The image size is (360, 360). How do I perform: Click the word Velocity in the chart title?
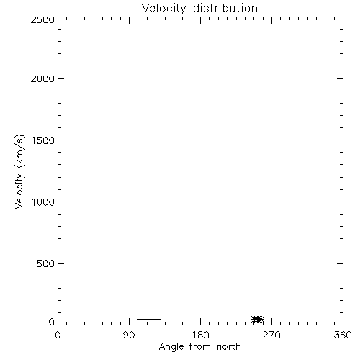pyautogui.click(x=163, y=9)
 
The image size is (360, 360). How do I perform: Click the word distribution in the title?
pyautogui.click(x=225, y=8)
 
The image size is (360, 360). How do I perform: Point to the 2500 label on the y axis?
pyautogui.click(x=42, y=19)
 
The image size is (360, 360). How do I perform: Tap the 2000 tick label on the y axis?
pyautogui.click(x=42, y=79)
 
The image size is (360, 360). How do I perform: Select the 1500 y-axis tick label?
pyautogui.click(x=43, y=140)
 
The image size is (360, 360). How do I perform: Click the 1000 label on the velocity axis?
pyautogui.click(x=43, y=202)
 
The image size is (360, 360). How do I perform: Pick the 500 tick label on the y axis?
pyautogui.click(x=46, y=264)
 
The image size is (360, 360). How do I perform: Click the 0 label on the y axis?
pyautogui.click(x=52, y=322)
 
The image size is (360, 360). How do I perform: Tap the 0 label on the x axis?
pyautogui.click(x=58, y=335)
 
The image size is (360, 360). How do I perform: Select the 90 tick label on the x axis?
pyautogui.click(x=129, y=335)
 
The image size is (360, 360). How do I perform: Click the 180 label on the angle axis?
pyautogui.click(x=200, y=335)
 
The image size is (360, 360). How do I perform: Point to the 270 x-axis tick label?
pyautogui.click(x=271, y=335)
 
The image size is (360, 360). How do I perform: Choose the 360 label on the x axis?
pyautogui.click(x=343, y=335)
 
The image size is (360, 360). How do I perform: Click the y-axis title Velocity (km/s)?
pyautogui.click(x=19, y=171)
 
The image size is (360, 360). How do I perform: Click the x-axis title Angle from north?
pyautogui.click(x=200, y=347)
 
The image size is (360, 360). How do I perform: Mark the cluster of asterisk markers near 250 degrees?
pyautogui.click(x=258, y=319)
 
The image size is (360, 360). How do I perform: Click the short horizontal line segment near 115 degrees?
pyautogui.click(x=149, y=319)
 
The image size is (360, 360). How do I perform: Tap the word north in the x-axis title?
pyautogui.click(x=229, y=346)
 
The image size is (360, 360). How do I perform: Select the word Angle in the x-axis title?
pyautogui.click(x=171, y=348)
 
